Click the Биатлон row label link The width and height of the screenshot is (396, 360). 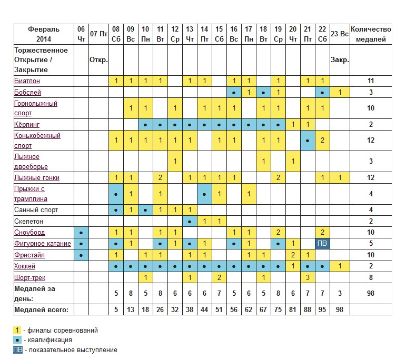coord(27,81)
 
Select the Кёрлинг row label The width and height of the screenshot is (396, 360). coord(27,125)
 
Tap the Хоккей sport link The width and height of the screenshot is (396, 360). coord(25,266)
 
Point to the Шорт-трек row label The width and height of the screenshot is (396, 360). coord(30,278)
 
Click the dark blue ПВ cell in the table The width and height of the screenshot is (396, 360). coord(322,243)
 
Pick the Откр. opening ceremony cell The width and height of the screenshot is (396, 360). coord(99,60)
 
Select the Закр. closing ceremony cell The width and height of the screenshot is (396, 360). coord(340,60)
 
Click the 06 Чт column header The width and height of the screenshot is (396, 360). coord(81,34)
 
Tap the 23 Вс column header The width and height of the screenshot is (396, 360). coord(340,34)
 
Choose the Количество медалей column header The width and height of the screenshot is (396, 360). coord(371,34)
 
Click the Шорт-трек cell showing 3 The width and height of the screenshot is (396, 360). coord(308,278)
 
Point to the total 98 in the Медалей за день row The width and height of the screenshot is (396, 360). coord(371,293)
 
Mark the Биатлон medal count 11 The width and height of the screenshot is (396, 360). coord(371,81)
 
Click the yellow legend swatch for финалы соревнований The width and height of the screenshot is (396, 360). coord(17,330)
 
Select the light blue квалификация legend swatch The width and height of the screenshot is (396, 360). coord(17,340)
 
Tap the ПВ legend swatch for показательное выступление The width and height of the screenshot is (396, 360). coord(18,350)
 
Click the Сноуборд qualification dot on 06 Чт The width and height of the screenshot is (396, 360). coord(81,233)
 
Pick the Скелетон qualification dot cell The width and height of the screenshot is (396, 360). coord(190,222)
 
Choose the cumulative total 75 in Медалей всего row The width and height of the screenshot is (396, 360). coord(278,310)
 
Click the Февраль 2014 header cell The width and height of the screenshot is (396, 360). coord(44,34)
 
